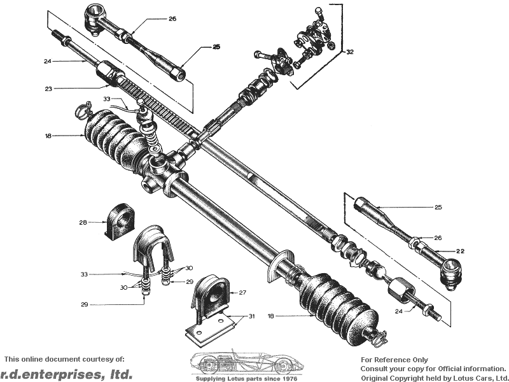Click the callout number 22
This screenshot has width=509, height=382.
[460, 251]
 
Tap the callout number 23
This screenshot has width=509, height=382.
[48, 88]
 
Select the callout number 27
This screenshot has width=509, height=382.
[242, 293]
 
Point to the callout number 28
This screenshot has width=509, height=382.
[83, 222]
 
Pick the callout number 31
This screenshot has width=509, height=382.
[251, 316]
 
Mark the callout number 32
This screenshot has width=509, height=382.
[349, 52]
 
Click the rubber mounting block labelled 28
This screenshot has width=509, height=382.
[118, 222]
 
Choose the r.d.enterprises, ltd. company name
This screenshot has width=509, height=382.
[66, 374]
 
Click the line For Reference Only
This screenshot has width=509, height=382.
[394, 360]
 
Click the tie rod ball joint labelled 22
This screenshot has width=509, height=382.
[450, 272]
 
